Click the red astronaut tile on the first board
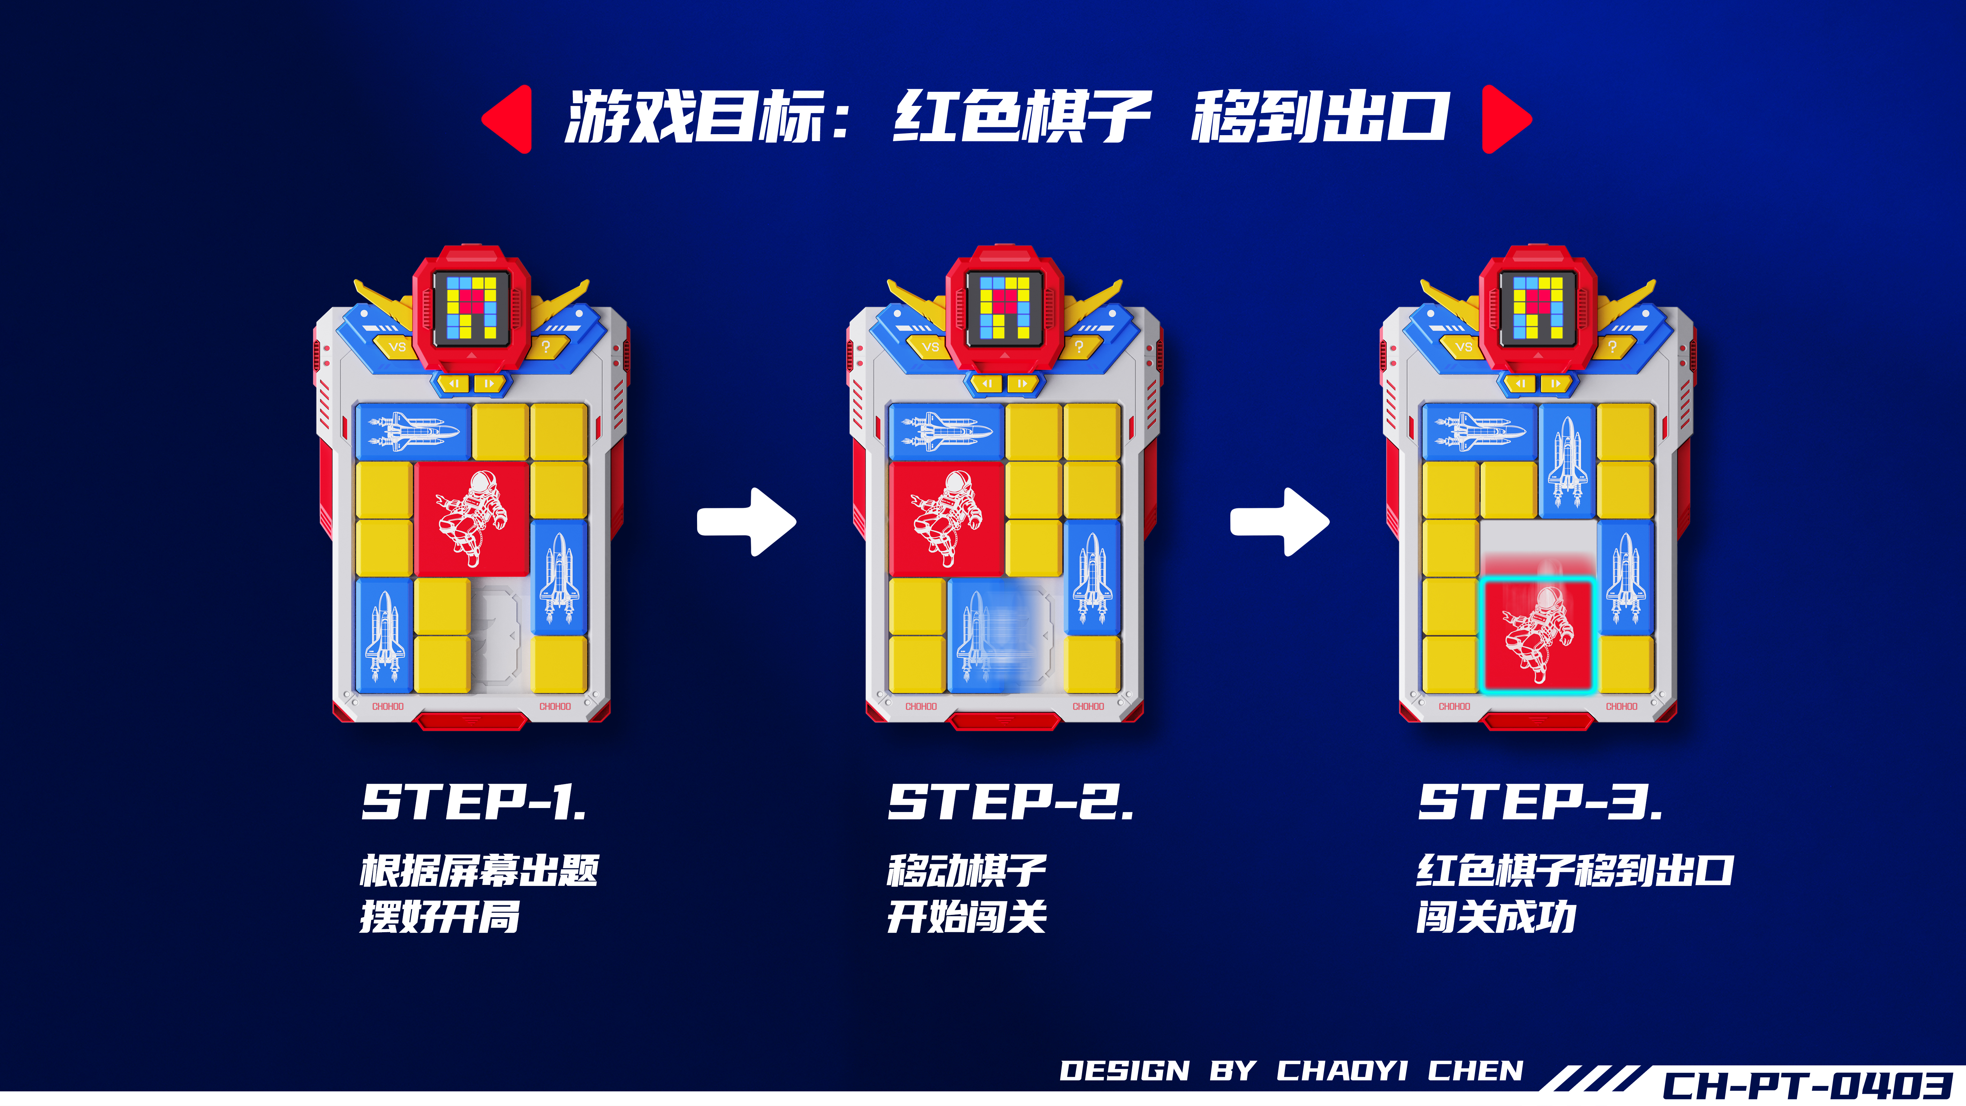pyautogui.click(x=472, y=519)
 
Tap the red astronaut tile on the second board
pyautogui.click(x=946, y=519)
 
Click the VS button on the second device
pyautogui.click(x=930, y=347)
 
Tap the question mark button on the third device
pyautogui.click(x=1612, y=347)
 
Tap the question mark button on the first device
pyautogui.click(x=545, y=347)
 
